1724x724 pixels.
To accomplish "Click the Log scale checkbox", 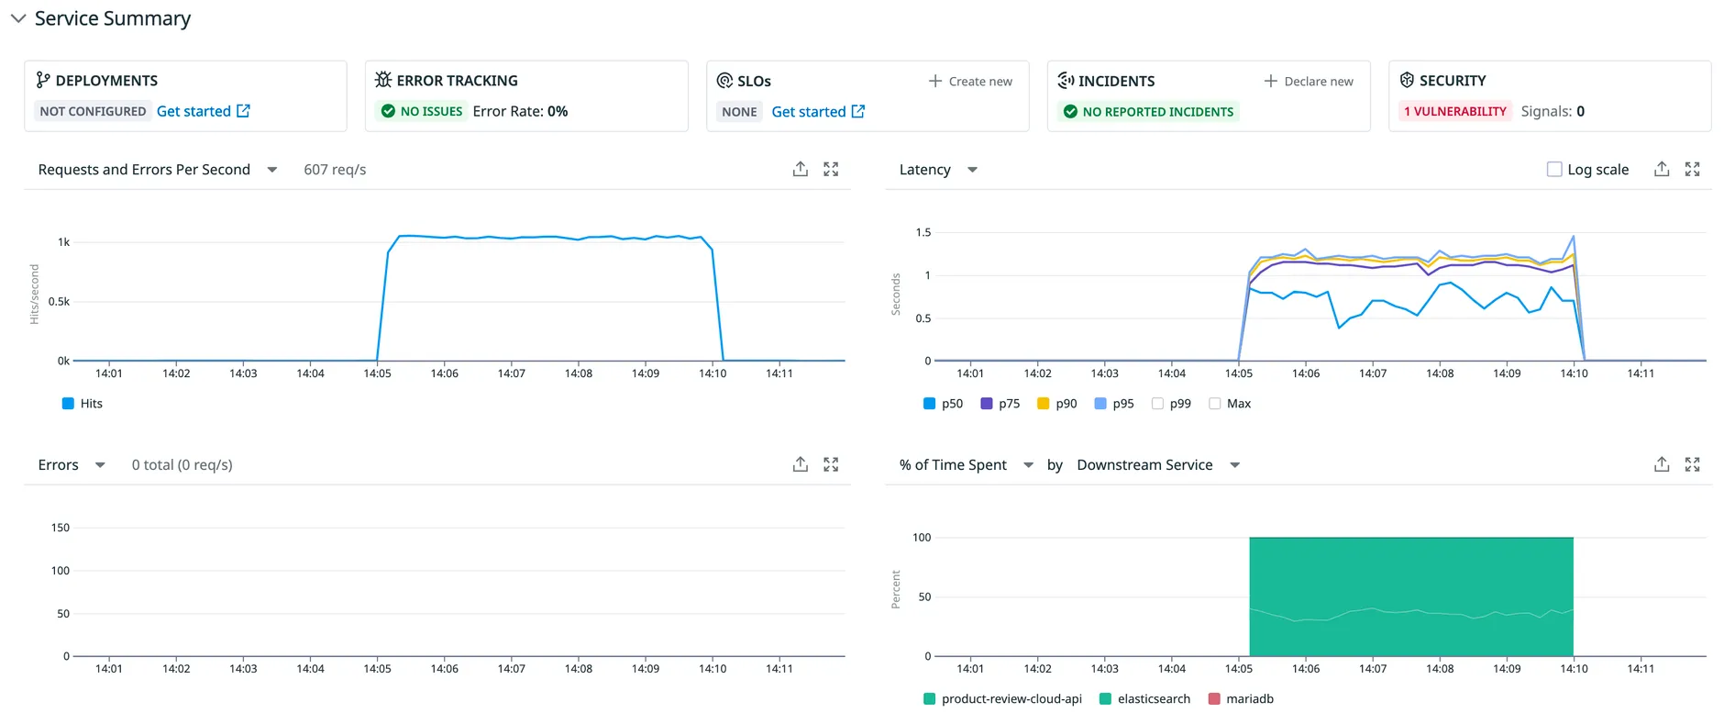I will click(x=1553, y=169).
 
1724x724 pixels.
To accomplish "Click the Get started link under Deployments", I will click(x=203, y=111).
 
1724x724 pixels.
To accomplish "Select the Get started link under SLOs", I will click(x=817, y=111).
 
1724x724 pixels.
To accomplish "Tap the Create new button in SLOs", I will click(x=970, y=81).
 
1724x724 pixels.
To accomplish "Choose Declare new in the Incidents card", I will click(x=1308, y=81).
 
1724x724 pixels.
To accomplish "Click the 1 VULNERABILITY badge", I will click(x=1454, y=111).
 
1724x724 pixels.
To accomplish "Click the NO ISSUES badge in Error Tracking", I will click(x=422, y=111).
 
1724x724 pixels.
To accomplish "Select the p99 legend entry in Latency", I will click(x=1171, y=404).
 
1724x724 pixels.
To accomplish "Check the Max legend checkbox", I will click(x=1215, y=404).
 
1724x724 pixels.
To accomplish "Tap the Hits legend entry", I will click(x=82, y=404).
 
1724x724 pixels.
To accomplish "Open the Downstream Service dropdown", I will click(x=1158, y=465).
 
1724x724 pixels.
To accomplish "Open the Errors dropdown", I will click(x=72, y=465).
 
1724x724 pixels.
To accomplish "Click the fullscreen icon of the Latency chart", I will click(x=1692, y=169).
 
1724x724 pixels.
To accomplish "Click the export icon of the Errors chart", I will click(x=800, y=464).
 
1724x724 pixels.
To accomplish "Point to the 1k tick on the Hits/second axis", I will click(x=63, y=242).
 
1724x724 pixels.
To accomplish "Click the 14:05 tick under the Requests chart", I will click(x=377, y=373).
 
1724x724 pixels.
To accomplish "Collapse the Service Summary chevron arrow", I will click(x=17, y=18).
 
